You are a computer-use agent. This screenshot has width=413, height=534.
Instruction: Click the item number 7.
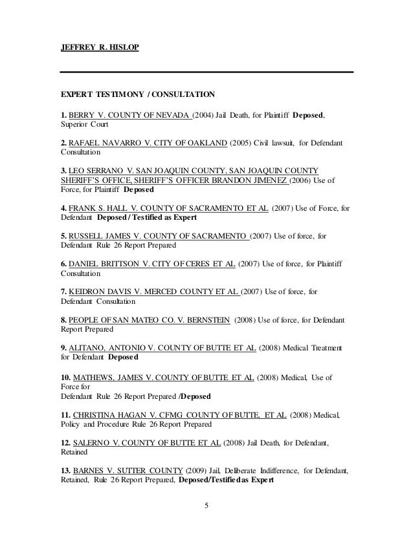click(x=63, y=292)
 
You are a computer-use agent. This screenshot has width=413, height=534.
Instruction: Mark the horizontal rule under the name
click(x=206, y=71)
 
